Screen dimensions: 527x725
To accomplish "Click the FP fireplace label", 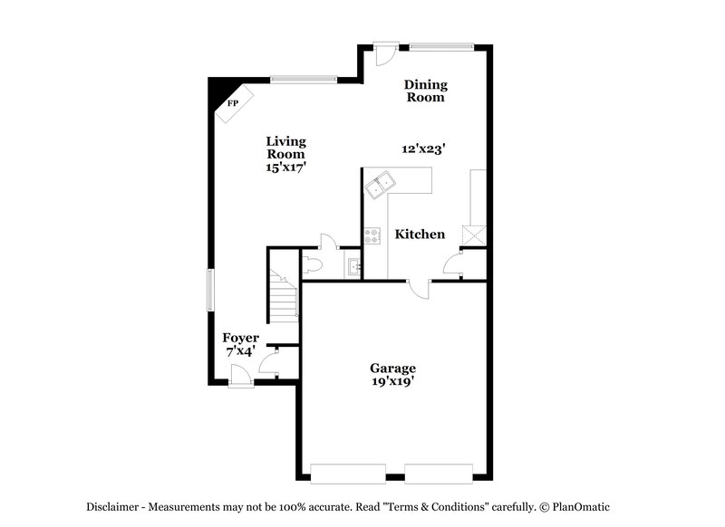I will [232, 103].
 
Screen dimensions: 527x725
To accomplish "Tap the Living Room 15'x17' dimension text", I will [285, 167].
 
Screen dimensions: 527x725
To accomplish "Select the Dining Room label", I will [425, 91].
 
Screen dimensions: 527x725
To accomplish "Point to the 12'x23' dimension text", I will [423, 149].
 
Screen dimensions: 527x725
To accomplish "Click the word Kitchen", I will [420, 235].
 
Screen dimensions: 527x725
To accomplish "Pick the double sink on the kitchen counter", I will [382, 185].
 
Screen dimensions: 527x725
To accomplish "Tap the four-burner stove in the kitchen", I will [372, 235].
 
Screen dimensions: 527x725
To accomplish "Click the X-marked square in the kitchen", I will [472, 234].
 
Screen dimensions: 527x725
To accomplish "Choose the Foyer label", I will [241, 338].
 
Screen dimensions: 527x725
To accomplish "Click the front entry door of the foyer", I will [241, 374].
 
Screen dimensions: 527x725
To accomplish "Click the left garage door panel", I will [345, 472].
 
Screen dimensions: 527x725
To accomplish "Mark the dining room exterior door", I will [384, 53].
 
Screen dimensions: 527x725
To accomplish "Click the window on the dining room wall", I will [441, 45].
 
